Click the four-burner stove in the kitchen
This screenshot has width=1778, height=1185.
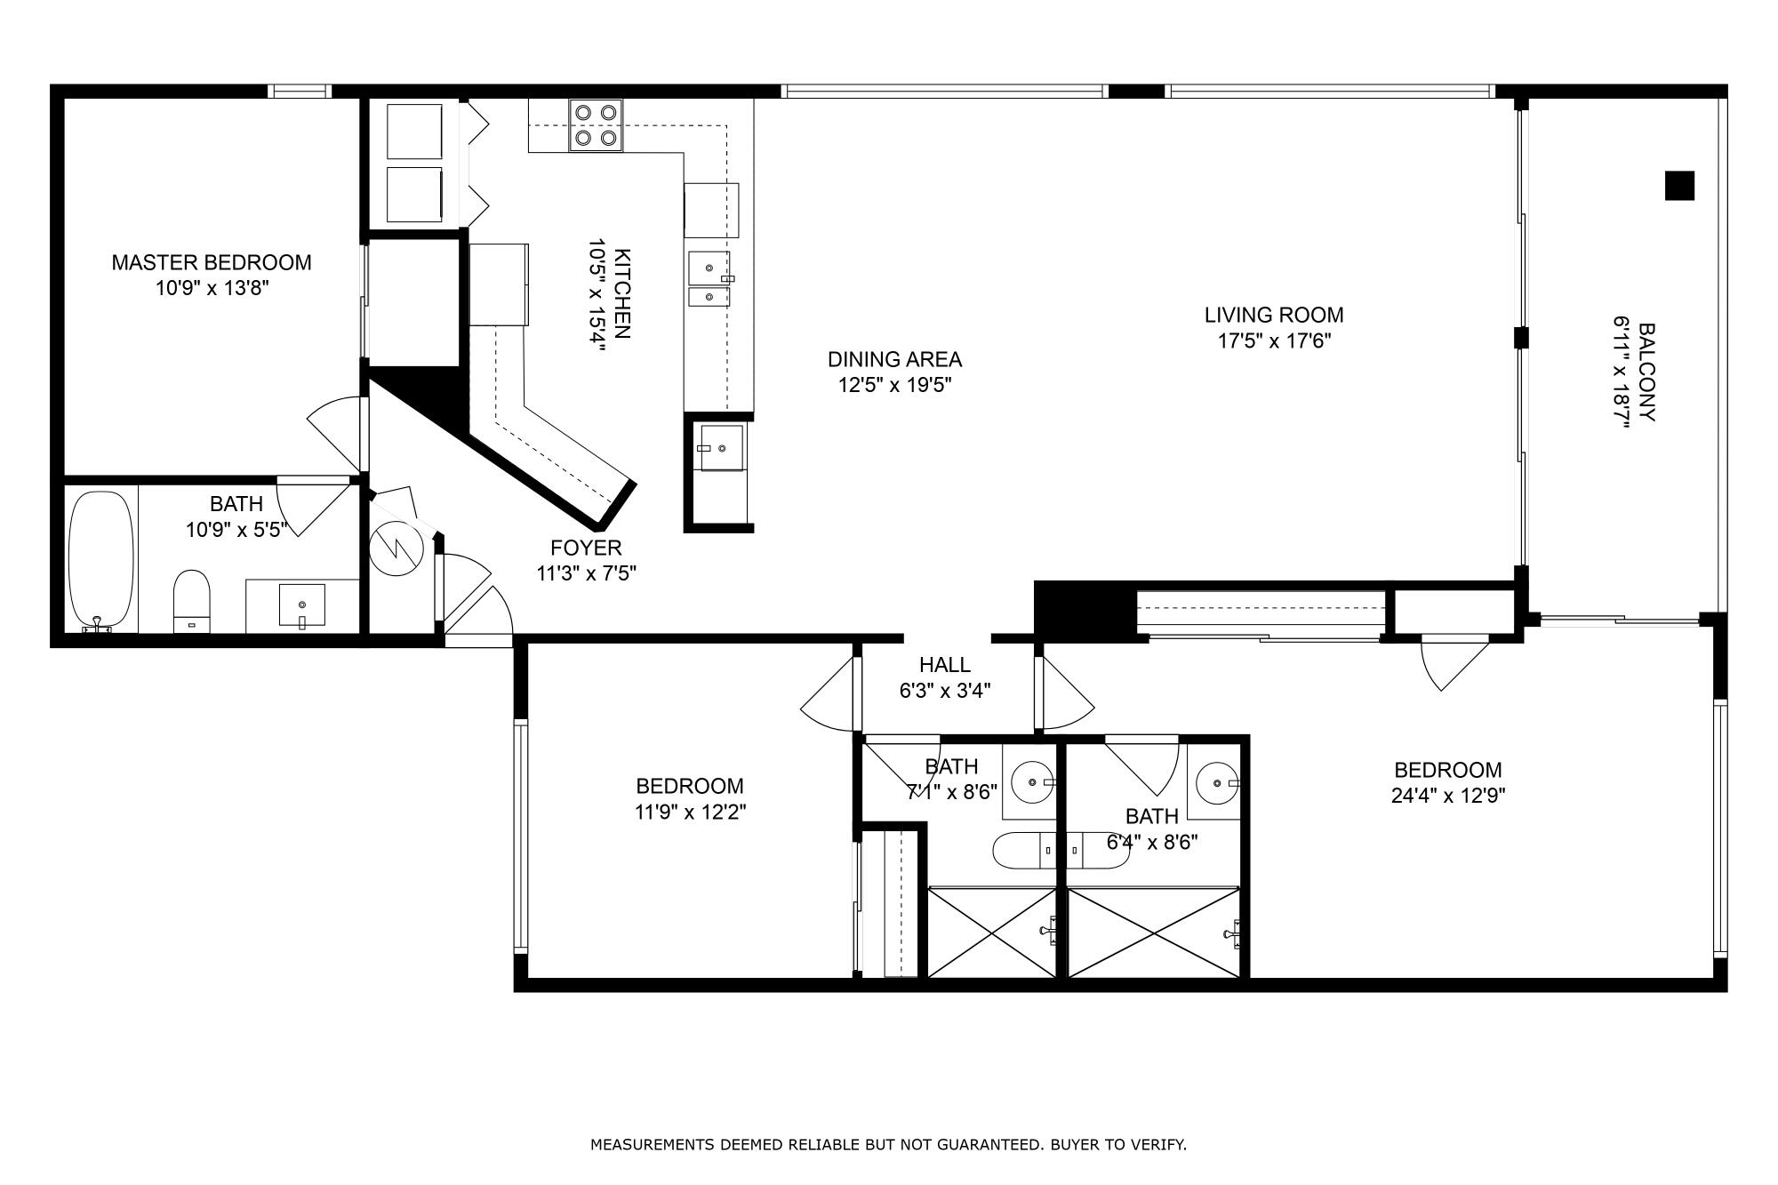(x=596, y=124)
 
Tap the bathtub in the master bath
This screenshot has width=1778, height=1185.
(x=102, y=560)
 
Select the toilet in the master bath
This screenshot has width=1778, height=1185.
(x=191, y=597)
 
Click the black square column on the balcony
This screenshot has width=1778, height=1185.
(x=1679, y=186)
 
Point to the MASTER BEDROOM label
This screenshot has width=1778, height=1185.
(x=212, y=263)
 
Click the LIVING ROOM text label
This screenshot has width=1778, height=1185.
(x=1274, y=315)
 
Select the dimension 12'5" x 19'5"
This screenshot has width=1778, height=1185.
(x=894, y=385)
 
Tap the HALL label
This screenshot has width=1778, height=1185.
(x=944, y=665)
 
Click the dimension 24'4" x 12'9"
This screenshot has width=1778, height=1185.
(x=1447, y=796)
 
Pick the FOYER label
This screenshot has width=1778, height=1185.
(x=586, y=548)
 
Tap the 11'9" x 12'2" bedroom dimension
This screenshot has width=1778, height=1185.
(x=690, y=812)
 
